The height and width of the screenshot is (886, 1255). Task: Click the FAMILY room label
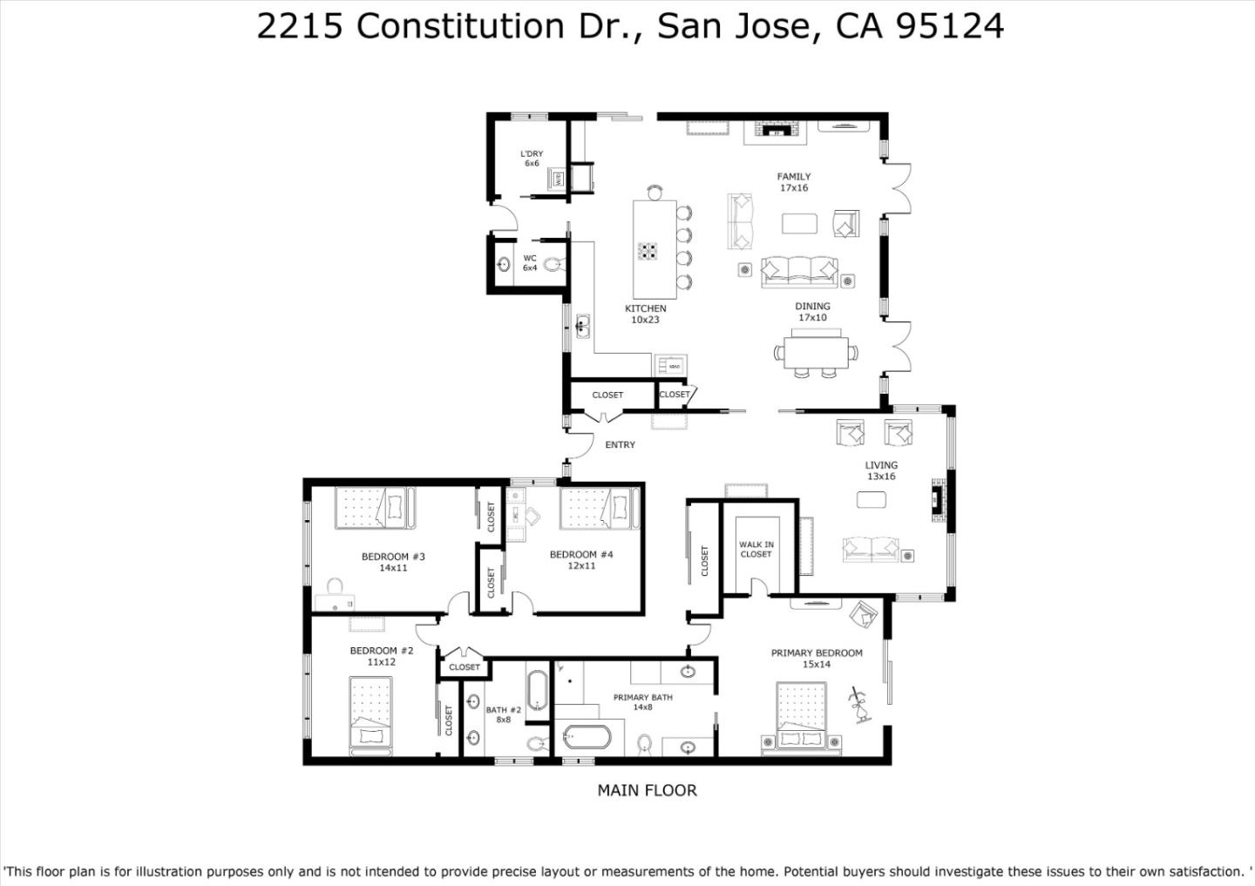pos(793,177)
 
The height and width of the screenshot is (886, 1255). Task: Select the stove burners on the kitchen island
pos(648,252)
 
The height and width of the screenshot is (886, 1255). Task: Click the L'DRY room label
pos(532,154)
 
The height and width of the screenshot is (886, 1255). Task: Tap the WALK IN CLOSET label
pos(756,549)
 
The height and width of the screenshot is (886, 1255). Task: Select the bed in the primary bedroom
pos(801,718)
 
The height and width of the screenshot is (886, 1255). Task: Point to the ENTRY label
pos(620,445)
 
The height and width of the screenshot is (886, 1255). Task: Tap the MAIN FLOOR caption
pos(647,790)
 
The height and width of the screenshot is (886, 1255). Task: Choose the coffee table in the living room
pos(872,499)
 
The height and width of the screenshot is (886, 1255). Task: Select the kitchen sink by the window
pos(582,327)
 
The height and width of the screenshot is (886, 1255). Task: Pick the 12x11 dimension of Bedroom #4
pos(581,566)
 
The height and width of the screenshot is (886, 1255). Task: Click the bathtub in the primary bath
pos(586,737)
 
